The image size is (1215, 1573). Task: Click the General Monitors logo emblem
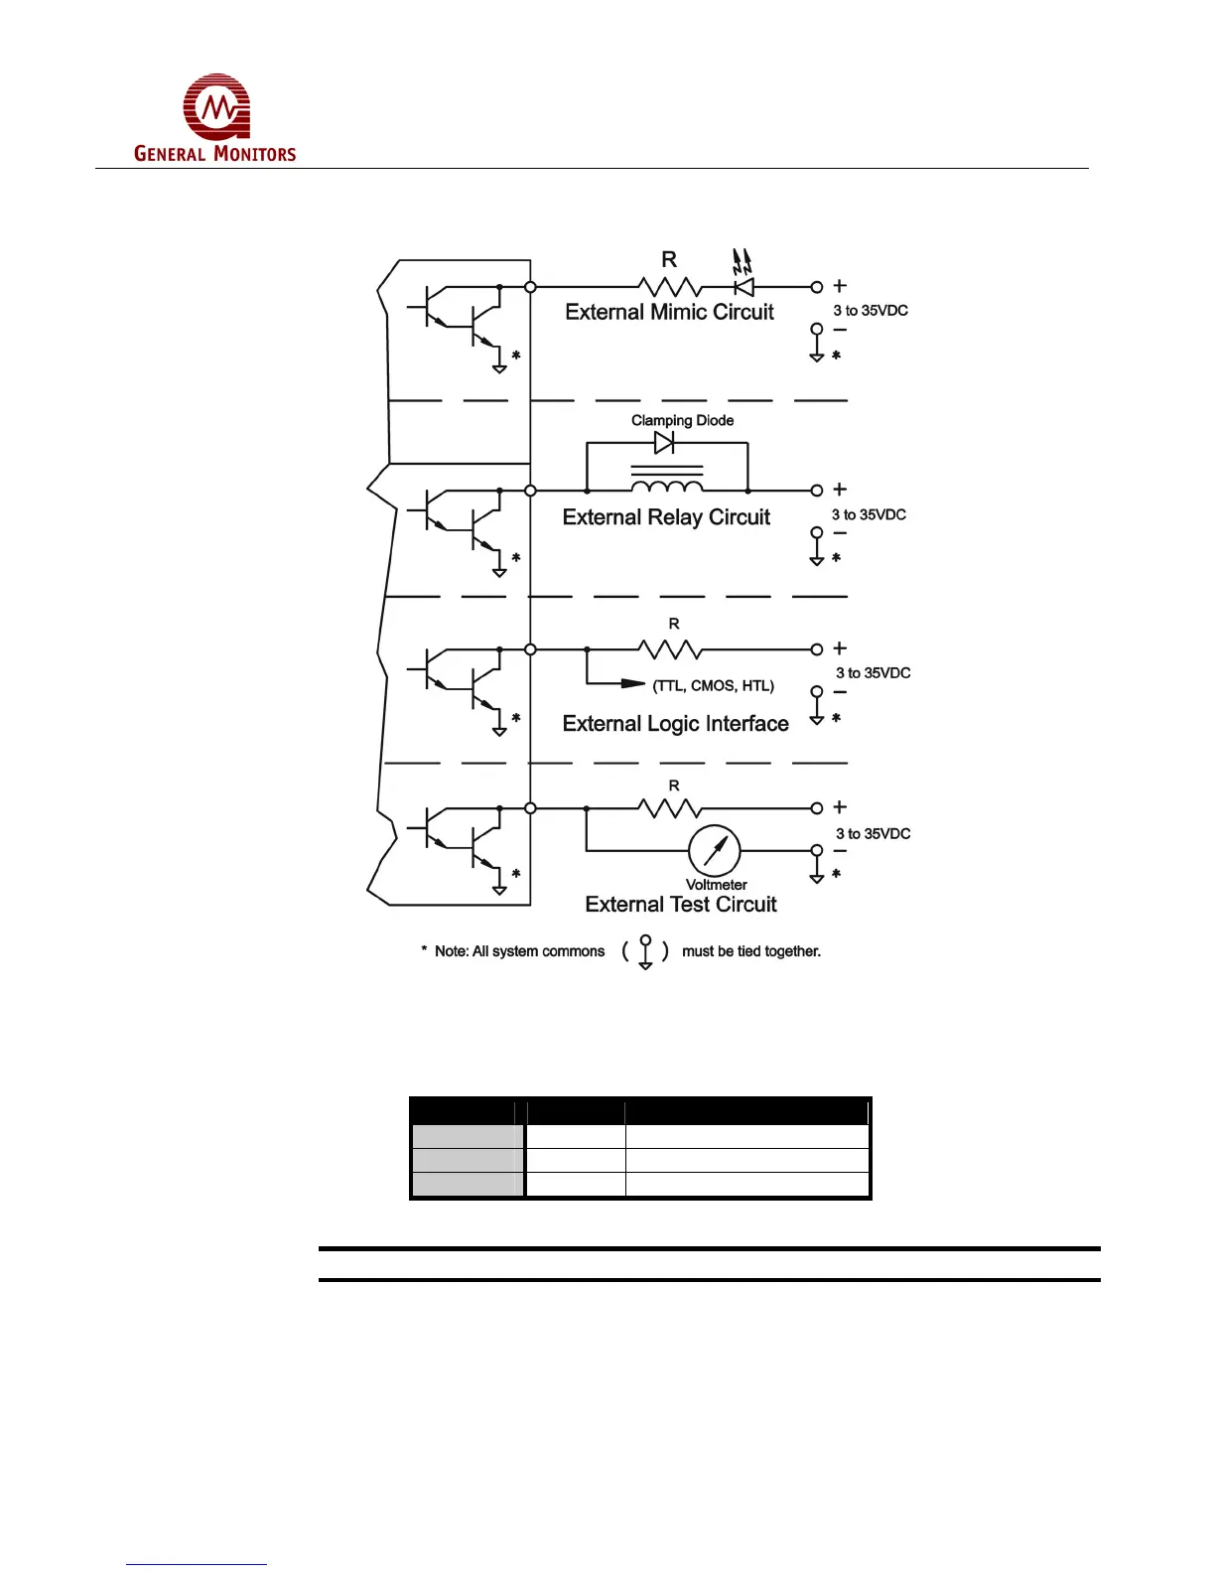[216, 106]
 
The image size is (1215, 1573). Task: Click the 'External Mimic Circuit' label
[669, 312]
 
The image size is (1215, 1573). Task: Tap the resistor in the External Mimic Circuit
[670, 287]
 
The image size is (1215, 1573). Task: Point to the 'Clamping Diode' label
[682, 420]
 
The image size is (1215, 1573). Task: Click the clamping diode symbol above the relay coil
[664, 443]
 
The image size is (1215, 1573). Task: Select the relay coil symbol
[667, 484]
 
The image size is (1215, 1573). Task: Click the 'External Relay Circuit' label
[666, 517]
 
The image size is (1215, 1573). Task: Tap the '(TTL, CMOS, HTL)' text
[713, 685]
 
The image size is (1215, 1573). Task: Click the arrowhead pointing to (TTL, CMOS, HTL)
[632, 683]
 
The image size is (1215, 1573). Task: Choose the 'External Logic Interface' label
[675, 724]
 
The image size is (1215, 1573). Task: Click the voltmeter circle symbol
[715, 851]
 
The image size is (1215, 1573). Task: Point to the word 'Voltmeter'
[716, 885]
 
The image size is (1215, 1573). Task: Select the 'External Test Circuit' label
[681, 905]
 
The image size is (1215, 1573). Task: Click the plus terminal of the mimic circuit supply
[817, 287]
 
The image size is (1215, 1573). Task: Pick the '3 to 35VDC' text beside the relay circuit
[869, 514]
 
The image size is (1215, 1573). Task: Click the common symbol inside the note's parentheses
[645, 951]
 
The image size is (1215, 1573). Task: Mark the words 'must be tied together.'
[750, 951]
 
